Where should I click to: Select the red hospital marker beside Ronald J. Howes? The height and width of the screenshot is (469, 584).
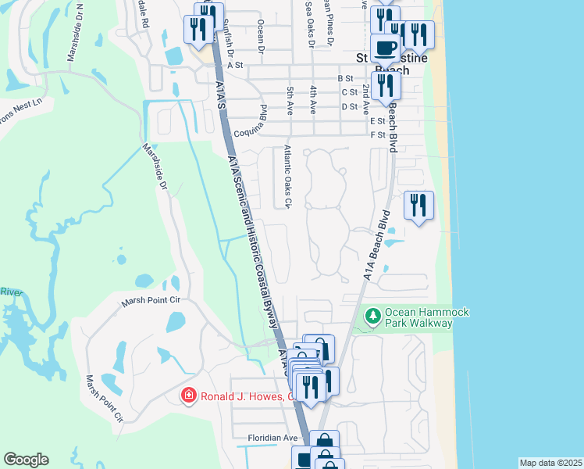point(187,396)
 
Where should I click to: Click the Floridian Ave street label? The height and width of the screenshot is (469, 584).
point(273,438)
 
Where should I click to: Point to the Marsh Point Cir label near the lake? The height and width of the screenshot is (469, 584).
point(151,299)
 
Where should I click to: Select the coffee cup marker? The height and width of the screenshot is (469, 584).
point(384,48)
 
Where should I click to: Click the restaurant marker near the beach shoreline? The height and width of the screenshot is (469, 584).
point(418,206)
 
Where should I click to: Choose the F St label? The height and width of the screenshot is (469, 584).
point(378,135)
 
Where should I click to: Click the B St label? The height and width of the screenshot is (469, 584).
point(346,78)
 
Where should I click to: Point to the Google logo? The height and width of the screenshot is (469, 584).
point(26,460)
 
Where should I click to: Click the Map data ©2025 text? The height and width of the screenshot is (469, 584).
point(550,463)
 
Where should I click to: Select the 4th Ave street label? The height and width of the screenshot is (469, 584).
point(313,97)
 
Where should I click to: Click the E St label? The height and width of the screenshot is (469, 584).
point(378,121)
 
